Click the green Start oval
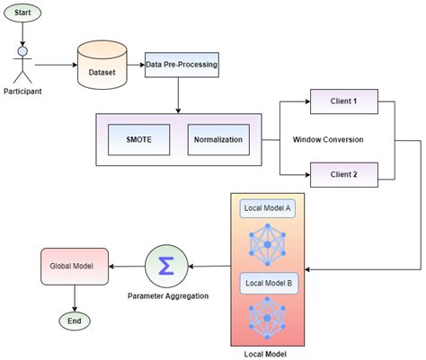(23, 13)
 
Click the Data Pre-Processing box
(181, 66)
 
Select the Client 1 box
(342, 102)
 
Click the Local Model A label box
(268, 208)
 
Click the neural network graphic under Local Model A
(268, 242)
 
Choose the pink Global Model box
(74, 266)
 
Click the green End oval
(74, 320)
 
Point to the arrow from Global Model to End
(74, 297)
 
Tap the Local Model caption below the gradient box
(268, 354)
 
